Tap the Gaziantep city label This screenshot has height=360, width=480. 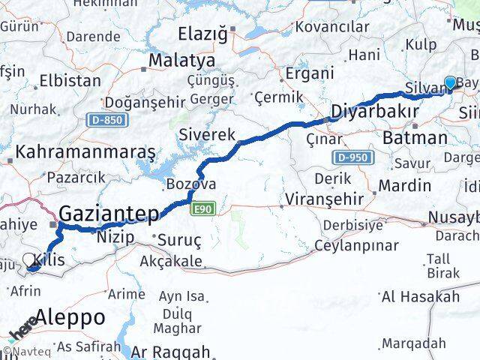click(x=109, y=214)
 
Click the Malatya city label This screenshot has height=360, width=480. click(x=181, y=60)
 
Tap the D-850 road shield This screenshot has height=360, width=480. click(x=106, y=120)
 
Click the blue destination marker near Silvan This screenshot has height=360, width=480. click(x=450, y=83)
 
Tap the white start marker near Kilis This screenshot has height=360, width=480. click(x=29, y=260)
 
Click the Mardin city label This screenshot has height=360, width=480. click(x=405, y=184)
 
